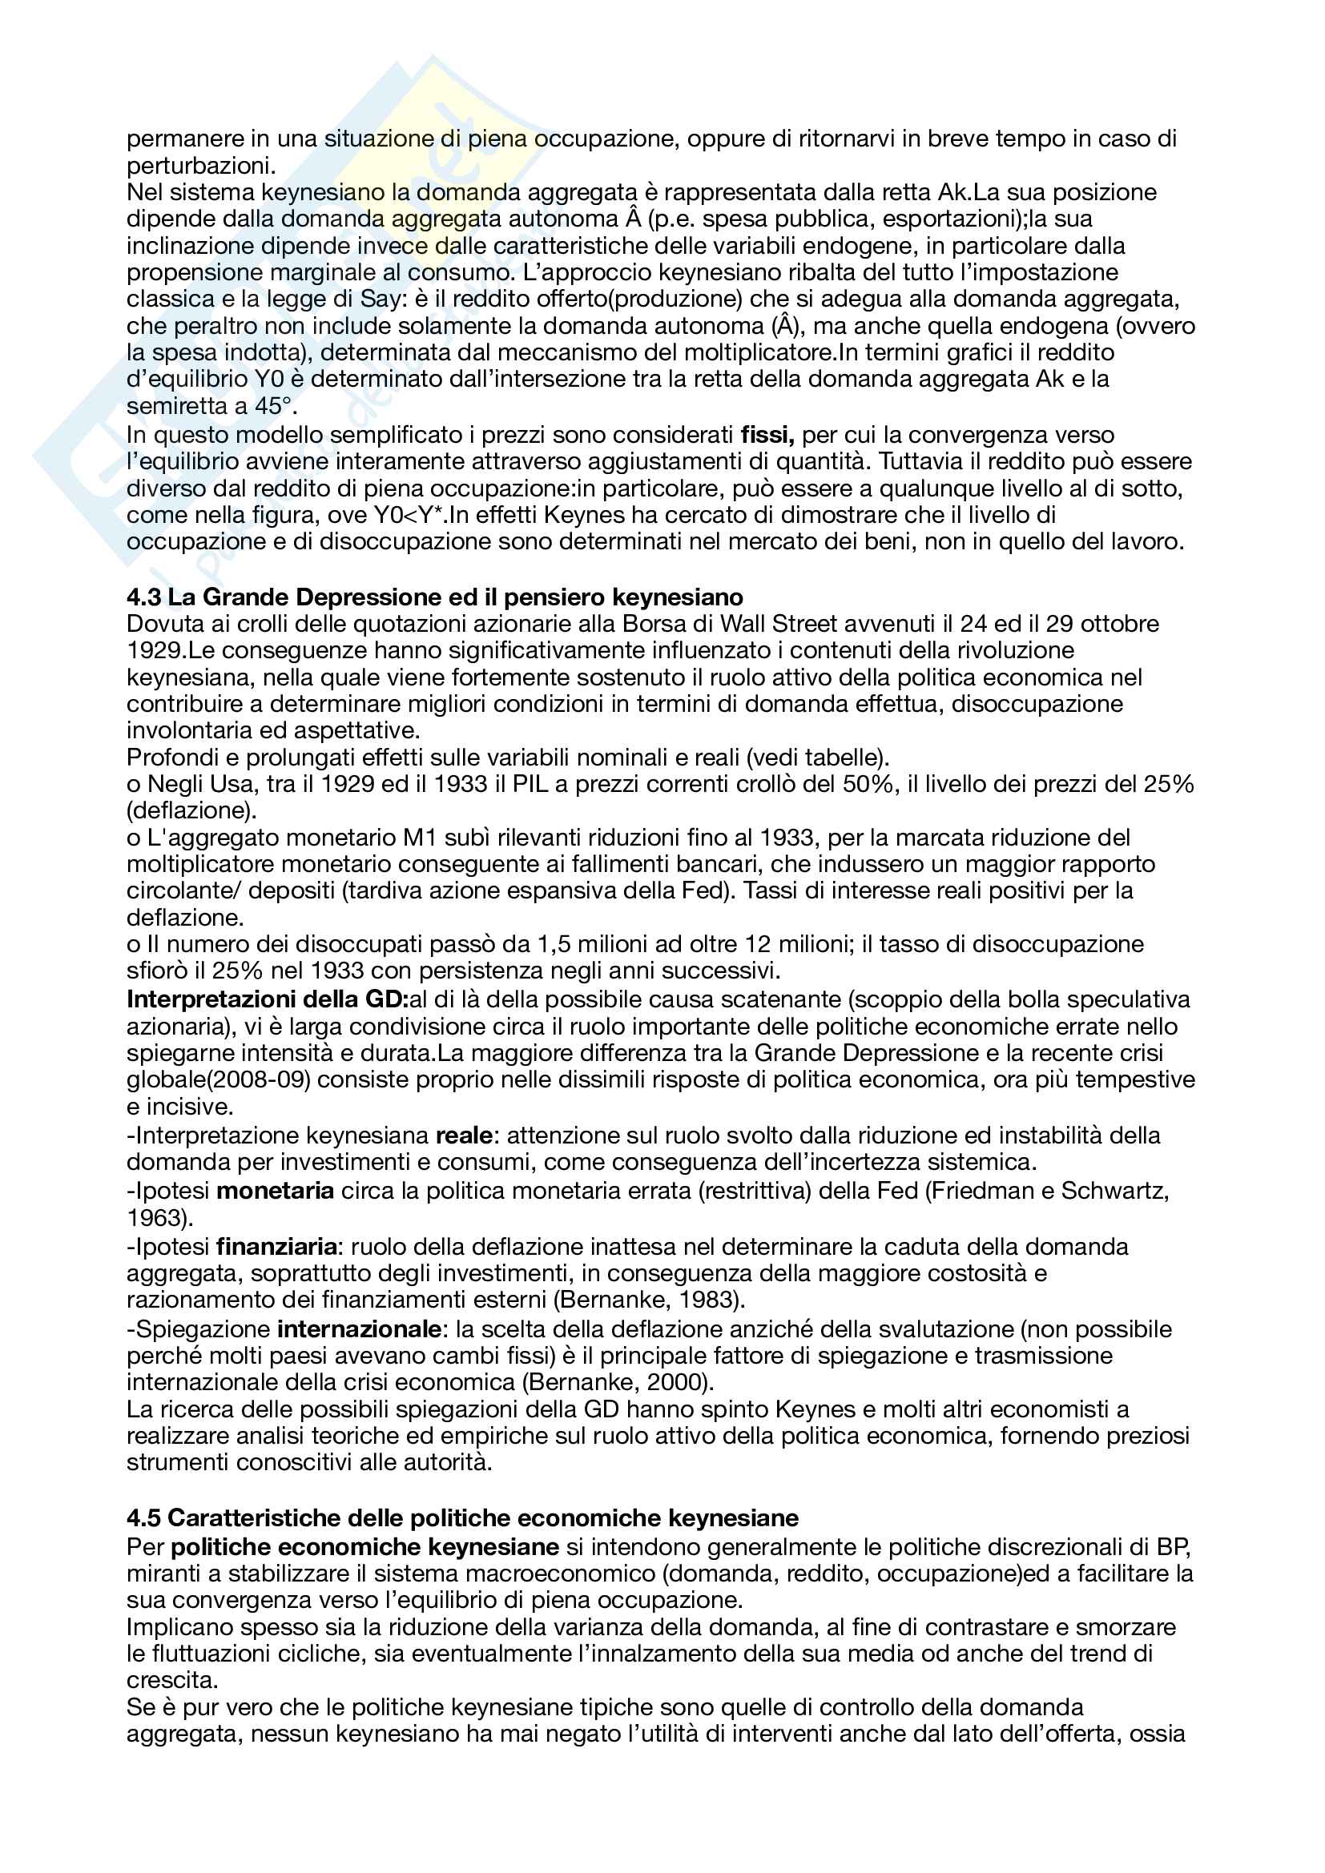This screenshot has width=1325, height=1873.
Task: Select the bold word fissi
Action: click(767, 435)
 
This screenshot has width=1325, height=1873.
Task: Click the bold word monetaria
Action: click(275, 1191)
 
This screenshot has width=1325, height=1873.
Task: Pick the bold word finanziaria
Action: click(276, 1247)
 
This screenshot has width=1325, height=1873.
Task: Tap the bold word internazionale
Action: click(360, 1329)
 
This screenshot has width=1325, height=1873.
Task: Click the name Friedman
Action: click(982, 1191)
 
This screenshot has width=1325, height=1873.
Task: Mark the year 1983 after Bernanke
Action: click(711, 1300)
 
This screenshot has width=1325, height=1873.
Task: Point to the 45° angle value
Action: click(271, 405)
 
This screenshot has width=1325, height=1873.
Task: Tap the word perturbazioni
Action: click(201, 166)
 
